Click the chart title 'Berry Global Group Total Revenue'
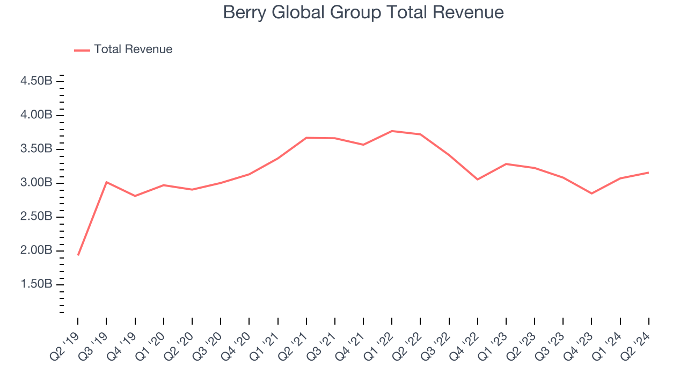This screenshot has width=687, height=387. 363,12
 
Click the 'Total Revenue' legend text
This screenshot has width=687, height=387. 133,49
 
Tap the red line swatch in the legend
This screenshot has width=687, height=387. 82,50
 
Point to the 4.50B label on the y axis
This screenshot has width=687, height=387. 36,81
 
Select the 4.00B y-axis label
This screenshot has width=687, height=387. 36,115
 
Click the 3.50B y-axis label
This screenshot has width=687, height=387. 36,149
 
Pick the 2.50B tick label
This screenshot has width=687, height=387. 36,217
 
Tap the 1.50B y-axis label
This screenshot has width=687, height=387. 36,284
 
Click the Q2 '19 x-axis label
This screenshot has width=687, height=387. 64,344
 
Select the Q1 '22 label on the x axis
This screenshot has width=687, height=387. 378,344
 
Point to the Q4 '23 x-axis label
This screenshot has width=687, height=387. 578,344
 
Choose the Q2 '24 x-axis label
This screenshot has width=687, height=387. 635,344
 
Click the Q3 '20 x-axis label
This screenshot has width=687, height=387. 207,344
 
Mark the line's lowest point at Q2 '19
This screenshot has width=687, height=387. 78,255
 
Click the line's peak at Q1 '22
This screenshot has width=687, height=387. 392,131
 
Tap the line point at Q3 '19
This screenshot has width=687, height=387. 106,182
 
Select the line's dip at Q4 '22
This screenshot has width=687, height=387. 478,179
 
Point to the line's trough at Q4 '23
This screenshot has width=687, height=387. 591,193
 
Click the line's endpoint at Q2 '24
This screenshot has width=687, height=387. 648,173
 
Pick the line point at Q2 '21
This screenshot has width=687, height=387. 306,138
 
